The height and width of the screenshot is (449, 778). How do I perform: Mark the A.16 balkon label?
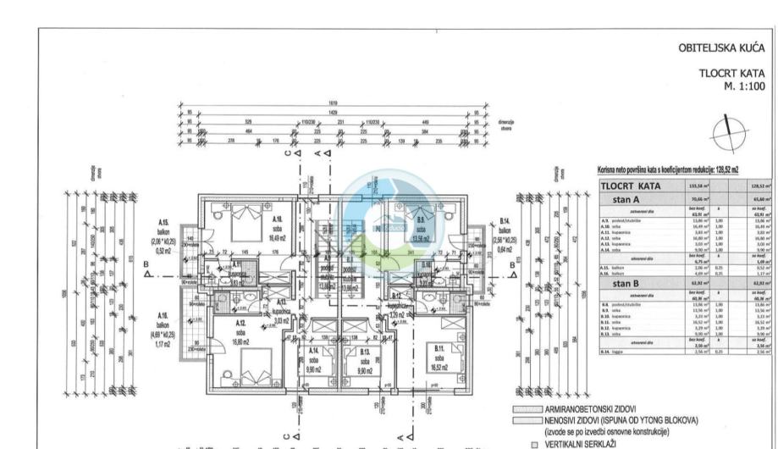click(x=163, y=326)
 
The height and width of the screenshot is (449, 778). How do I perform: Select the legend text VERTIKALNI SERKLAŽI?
click(x=584, y=441)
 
